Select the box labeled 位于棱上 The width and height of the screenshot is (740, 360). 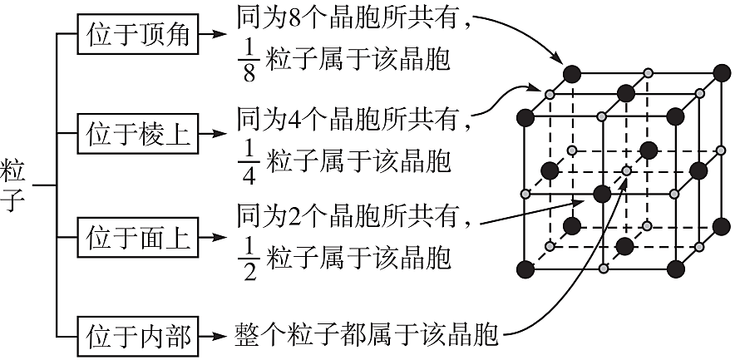point(138,134)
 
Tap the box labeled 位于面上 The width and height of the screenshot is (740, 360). point(138,238)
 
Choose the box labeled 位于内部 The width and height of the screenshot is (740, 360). point(138,337)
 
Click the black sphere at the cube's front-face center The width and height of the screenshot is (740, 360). point(601,194)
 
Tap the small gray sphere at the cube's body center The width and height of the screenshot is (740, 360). point(625,171)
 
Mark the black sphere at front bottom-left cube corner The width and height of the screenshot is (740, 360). point(525,269)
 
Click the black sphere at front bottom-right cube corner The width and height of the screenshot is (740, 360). point(676,269)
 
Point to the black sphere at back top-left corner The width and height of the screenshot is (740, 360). point(571,72)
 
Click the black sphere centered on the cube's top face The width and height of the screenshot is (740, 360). point(624,91)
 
